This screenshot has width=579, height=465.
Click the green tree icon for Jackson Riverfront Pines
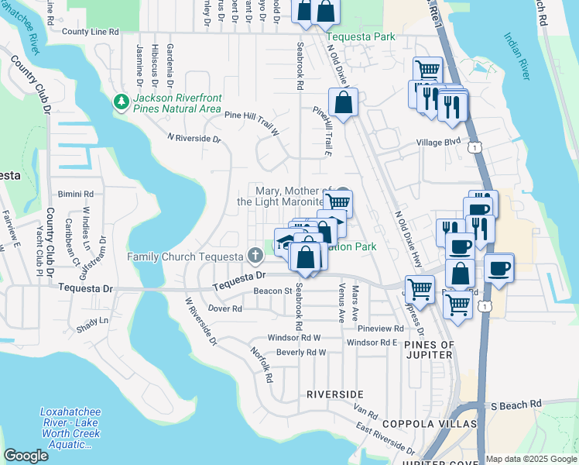click(121, 102)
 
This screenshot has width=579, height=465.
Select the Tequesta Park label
click(360, 36)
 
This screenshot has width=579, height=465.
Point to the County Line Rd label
click(91, 32)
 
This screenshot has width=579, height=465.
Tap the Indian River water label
click(516, 56)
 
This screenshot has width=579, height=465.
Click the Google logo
click(26, 455)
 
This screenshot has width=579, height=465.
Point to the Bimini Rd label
click(76, 194)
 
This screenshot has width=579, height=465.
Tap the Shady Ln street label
click(94, 320)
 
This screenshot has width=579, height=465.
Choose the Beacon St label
click(271, 291)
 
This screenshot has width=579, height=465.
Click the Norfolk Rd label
click(261, 364)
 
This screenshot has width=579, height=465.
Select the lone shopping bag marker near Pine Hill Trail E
click(342, 102)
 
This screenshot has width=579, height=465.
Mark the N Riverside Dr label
click(194, 139)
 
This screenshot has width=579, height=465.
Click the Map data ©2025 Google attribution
click(530, 459)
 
